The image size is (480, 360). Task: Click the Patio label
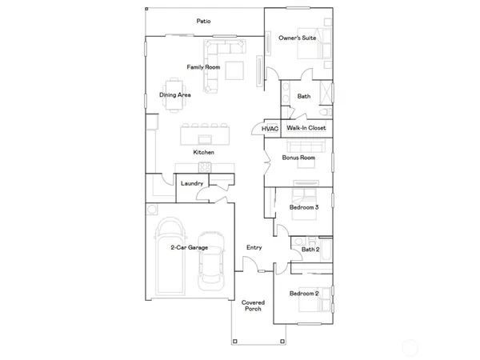coord(203,22)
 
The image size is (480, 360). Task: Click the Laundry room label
coord(192,184)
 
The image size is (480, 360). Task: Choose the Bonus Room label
coord(298,158)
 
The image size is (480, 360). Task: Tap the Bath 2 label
coord(310,250)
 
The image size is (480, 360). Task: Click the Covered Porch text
coord(254,306)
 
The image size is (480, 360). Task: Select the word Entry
coord(254,248)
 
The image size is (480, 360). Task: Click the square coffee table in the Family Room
coord(235,71)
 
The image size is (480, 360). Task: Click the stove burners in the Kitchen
coord(204,167)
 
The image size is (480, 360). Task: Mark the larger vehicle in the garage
coord(170,256)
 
